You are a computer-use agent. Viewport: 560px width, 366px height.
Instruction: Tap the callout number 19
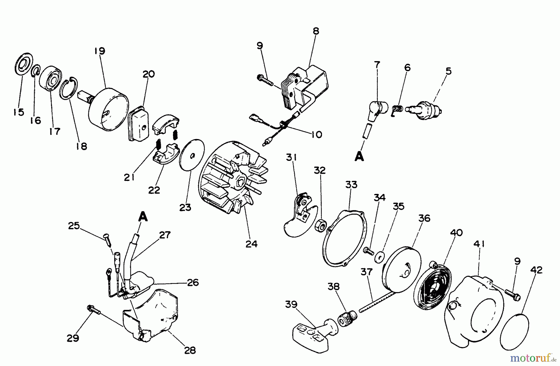point(100,51)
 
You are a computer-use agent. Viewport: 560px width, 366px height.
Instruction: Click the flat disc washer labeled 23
point(192,155)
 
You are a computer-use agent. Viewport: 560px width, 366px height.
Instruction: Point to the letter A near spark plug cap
point(359,157)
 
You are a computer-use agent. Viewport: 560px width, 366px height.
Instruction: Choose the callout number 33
point(351,185)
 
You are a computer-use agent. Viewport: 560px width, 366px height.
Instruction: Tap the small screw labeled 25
point(107,240)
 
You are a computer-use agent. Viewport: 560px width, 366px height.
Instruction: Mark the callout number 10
point(316,135)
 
